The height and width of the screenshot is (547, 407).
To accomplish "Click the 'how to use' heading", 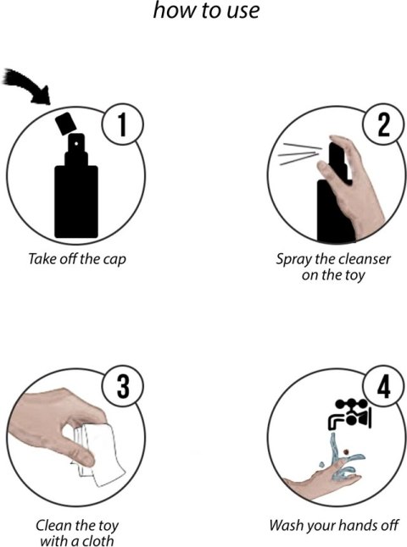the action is (206, 10).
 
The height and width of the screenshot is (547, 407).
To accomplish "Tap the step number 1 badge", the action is (122, 124).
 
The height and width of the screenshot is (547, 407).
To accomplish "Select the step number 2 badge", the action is (383, 124).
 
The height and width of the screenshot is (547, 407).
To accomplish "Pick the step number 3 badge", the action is (122, 386).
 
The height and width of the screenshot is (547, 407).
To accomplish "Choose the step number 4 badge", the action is (383, 386).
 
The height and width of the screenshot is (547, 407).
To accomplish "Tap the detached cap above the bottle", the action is (65, 124).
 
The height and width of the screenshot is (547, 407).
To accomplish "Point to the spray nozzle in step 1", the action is (76, 149).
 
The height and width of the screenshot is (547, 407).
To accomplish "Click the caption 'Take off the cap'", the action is (76, 259).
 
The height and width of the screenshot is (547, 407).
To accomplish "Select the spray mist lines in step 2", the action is (300, 153).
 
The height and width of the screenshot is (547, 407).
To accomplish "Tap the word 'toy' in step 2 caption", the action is (354, 275).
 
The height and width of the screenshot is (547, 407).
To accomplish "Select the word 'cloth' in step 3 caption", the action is (98, 540).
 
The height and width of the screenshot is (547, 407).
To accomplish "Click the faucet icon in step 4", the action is (349, 413).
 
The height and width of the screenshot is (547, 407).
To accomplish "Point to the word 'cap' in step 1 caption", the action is (114, 261).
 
